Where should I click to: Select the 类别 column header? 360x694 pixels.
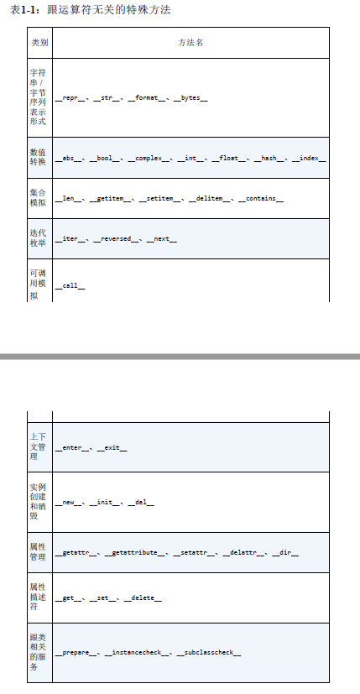(x=39, y=43)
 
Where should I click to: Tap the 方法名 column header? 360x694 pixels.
(x=190, y=43)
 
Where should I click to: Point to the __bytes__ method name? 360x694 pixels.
(x=190, y=98)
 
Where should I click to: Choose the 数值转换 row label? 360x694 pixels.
(x=38, y=157)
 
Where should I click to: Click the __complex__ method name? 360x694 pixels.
(x=149, y=159)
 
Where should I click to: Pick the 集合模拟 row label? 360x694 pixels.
(x=38, y=198)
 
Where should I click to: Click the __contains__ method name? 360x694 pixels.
(x=261, y=199)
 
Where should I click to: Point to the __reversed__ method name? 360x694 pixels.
(x=116, y=239)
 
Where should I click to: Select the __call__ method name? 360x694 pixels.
(x=70, y=286)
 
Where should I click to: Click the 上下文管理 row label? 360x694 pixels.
(x=38, y=446)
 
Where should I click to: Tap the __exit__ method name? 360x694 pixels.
(x=112, y=448)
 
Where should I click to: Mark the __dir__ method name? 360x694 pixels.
(x=285, y=553)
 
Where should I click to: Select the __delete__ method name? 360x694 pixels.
(x=143, y=598)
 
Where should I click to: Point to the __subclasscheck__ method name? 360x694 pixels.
(x=209, y=653)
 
